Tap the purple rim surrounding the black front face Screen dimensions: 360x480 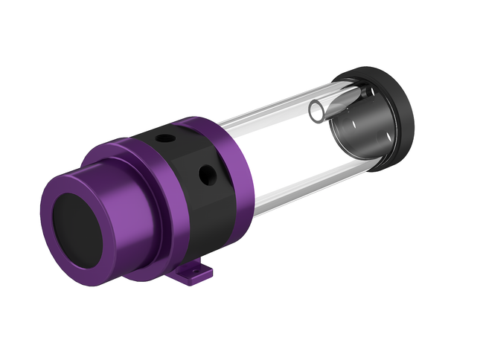coord(57,201)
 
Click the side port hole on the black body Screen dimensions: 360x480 coord(206,176)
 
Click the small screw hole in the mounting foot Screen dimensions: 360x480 coord(199,274)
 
